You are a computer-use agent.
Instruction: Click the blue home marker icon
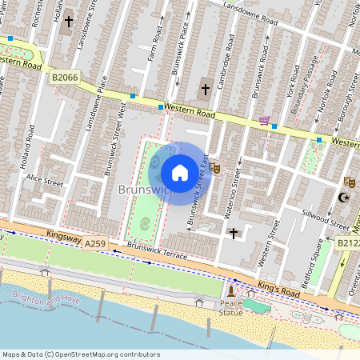180,172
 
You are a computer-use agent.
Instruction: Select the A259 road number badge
95,243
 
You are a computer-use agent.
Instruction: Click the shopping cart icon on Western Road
263,121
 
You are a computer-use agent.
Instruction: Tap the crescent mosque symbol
345,198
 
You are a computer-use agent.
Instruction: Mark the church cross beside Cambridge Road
204,89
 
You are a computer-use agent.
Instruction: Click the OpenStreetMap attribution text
80,354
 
